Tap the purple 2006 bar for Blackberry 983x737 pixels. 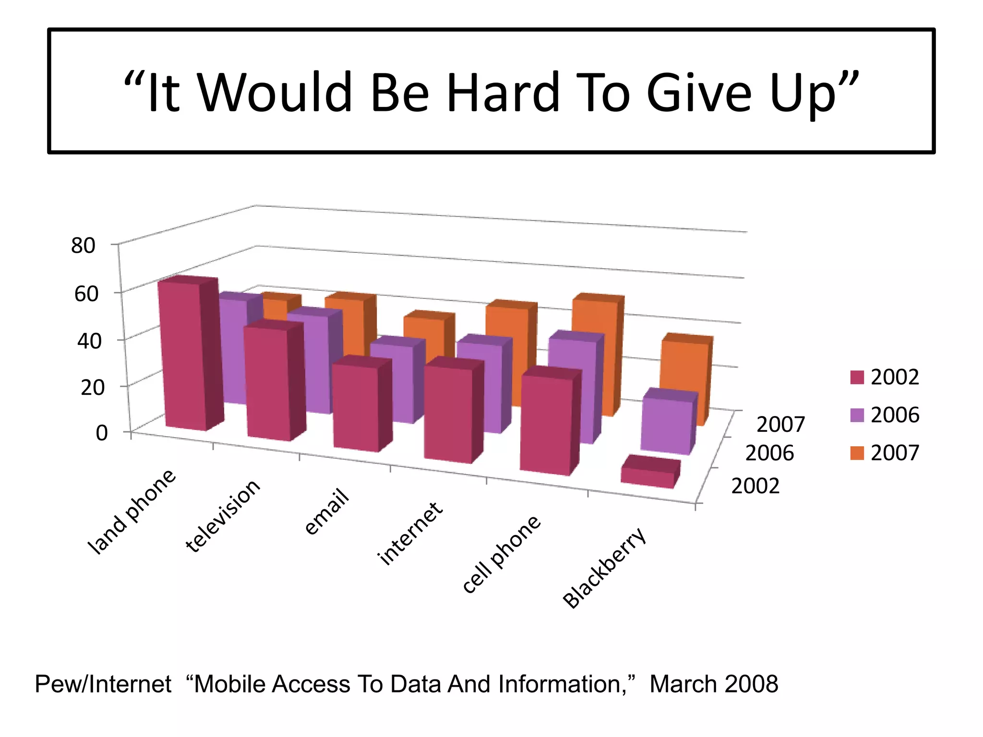click(666, 425)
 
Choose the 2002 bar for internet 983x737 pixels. click(448, 413)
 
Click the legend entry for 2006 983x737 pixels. click(885, 415)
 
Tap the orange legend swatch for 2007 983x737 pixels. click(857, 453)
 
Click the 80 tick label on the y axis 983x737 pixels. click(83, 246)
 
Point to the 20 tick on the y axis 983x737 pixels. click(92, 387)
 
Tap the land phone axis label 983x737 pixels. click(132, 512)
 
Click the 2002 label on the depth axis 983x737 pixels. click(755, 486)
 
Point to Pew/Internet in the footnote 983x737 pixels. click(103, 684)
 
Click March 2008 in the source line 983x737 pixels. click(713, 684)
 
